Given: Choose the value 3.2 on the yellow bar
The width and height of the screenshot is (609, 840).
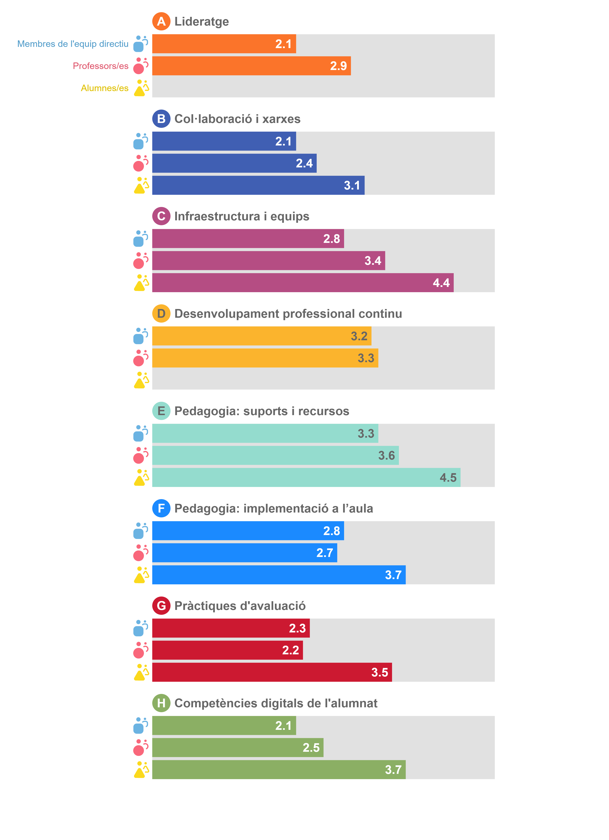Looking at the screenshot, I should point(359,336).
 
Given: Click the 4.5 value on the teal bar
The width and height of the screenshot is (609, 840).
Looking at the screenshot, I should point(448,477).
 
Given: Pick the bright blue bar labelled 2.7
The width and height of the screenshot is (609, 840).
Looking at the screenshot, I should point(245,552).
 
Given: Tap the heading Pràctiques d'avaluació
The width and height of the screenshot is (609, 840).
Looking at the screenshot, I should point(240,606).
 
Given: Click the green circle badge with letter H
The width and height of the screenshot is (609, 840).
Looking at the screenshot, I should point(161,703).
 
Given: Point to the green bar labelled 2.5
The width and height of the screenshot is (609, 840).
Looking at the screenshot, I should point(238,747).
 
